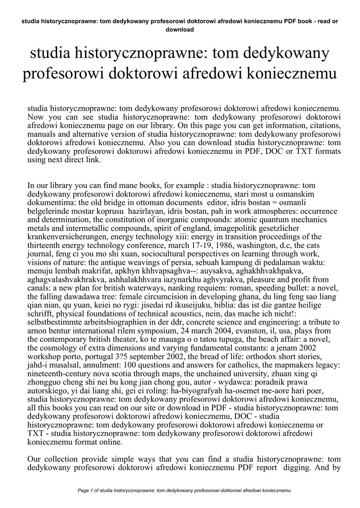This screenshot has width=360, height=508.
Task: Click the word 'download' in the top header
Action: [x=180, y=29]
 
